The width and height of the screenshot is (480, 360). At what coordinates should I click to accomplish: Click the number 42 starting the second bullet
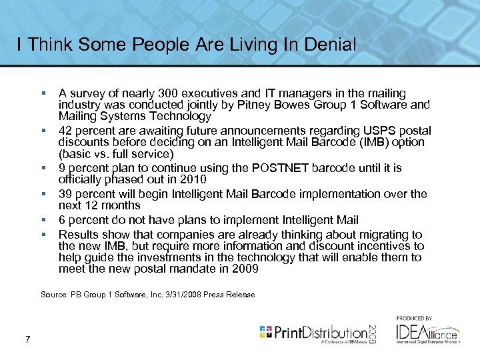click(x=65, y=131)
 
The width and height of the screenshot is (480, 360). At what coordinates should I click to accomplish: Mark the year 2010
click(x=193, y=179)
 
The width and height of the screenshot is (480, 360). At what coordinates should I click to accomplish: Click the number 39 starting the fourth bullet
click(x=65, y=194)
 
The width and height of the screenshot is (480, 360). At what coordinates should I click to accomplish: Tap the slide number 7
click(x=27, y=340)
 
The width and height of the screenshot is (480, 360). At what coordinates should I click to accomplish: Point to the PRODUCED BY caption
click(x=415, y=319)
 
